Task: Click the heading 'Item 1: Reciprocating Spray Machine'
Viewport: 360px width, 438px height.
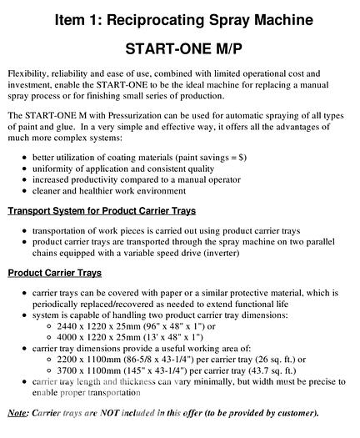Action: click(179, 18)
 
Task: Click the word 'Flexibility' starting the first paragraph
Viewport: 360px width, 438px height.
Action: click(28, 73)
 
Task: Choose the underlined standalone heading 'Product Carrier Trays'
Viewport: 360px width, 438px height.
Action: click(55, 274)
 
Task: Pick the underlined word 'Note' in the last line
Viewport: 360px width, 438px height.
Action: click(17, 412)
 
